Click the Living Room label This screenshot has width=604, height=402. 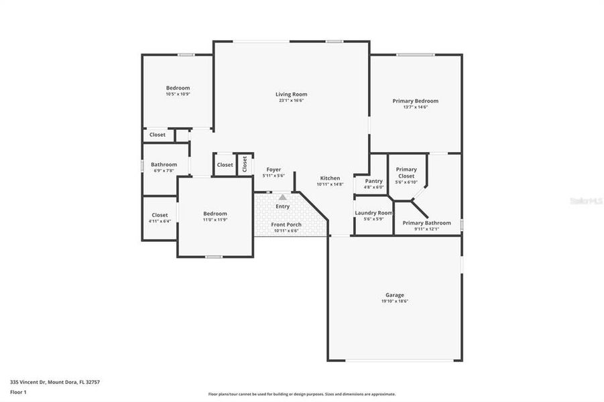tap(291, 94)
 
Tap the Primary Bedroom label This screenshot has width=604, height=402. tap(415, 101)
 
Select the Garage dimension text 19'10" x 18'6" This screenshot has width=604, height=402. tap(394, 301)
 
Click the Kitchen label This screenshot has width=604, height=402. tap(329, 178)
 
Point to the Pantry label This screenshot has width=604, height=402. tap(373, 181)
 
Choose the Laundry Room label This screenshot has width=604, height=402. tap(373, 213)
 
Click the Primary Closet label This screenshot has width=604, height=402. tap(406, 173)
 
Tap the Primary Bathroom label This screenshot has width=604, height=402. tap(426, 223)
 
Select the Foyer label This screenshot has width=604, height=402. tap(274, 170)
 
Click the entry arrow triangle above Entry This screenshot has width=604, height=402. tap(283, 197)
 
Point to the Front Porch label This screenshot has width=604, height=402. tap(286, 224)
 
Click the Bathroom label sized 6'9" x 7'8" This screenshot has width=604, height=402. tap(164, 165)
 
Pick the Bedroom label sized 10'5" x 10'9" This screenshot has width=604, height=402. tap(178, 88)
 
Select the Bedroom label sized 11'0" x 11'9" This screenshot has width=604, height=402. tap(215, 214)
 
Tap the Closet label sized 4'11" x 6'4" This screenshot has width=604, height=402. tap(160, 216)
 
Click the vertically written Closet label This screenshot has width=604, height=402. tap(245, 163)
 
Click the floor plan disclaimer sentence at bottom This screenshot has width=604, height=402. tap(302, 394)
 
